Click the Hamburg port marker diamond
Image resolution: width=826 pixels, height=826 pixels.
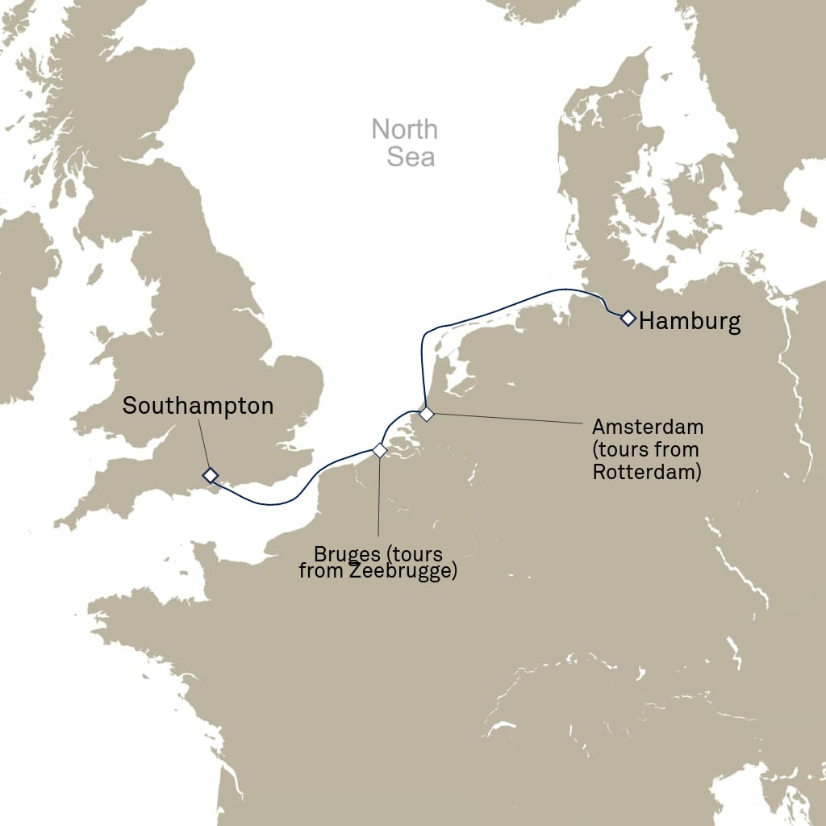(x=628, y=318)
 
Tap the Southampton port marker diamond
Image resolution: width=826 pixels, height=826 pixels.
(x=211, y=474)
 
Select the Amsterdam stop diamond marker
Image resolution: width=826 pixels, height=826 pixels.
(x=427, y=414)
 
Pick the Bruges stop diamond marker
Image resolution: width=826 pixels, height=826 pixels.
(x=379, y=450)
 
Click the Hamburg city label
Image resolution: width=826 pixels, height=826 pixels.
(x=690, y=322)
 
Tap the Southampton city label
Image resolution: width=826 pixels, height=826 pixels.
(x=198, y=406)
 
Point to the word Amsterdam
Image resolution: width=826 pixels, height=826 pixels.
(x=648, y=426)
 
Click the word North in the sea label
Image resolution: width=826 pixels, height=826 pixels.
(x=405, y=129)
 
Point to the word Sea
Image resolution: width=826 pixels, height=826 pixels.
(x=411, y=156)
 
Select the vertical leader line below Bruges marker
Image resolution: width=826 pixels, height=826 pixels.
(x=379, y=500)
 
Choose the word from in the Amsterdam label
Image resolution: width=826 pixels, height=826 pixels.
(x=681, y=449)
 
